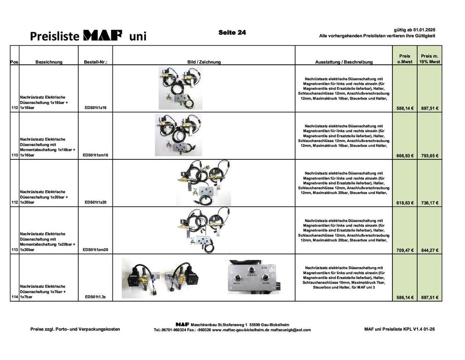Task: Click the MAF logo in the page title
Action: [x=103, y=35]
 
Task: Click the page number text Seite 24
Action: [x=232, y=33]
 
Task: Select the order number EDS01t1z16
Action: [x=96, y=108]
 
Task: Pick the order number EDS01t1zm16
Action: [x=96, y=155]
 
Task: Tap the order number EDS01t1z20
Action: [x=96, y=202]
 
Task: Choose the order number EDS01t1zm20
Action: [x=96, y=249]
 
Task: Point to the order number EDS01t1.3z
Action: [x=96, y=297]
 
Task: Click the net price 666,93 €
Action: [x=405, y=156]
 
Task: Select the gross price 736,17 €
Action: [x=430, y=203]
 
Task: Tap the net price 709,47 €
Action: [x=405, y=250]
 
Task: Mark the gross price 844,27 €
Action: [x=430, y=250]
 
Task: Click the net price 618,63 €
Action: [x=405, y=203]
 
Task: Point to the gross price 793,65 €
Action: [x=430, y=156]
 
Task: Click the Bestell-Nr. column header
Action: [x=96, y=62]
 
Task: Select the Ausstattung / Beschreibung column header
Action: [x=344, y=62]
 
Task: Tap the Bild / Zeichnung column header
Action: [x=204, y=62]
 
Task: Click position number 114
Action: [x=15, y=297]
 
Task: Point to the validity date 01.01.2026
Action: [x=424, y=30]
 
